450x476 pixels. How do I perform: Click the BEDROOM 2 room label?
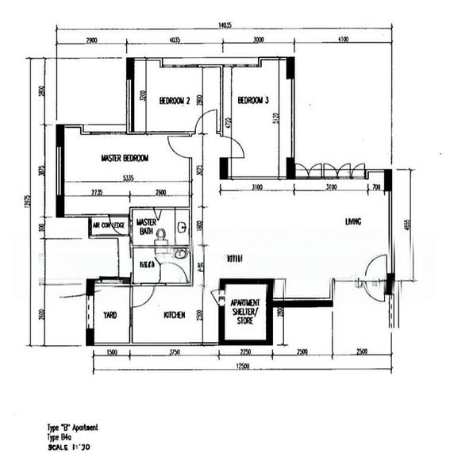click(174, 101)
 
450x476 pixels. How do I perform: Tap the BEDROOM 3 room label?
click(253, 101)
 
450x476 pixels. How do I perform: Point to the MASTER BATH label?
click(146, 226)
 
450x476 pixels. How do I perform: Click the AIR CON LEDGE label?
click(109, 225)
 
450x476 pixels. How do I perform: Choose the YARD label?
click(110, 315)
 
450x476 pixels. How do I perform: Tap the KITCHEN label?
click(175, 315)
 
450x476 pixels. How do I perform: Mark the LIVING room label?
click(352, 221)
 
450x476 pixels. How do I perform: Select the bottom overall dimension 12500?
click(242, 366)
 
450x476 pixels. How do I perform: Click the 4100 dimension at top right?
click(342, 40)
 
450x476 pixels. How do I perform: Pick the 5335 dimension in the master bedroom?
click(128, 178)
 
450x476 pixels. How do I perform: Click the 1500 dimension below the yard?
click(111, 351)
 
